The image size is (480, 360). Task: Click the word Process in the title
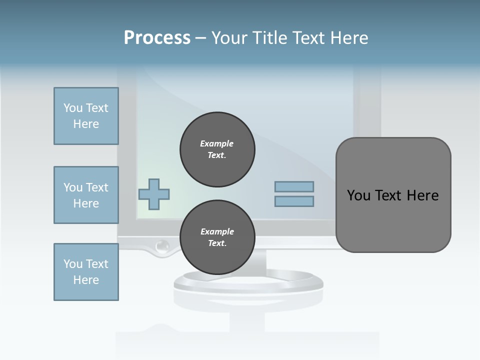tap(157, 38)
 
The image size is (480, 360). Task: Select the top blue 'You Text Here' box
tap(86, 116)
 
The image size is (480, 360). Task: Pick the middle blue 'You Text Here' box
tap(86, 195)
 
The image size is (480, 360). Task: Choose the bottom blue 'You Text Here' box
tap(86, 272)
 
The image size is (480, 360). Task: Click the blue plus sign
tap(154, 194)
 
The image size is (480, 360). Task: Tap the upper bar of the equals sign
tap(294, 186)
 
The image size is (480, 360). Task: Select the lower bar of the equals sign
tap(294, 201)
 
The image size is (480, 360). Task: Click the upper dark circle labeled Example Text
tap(217, 149)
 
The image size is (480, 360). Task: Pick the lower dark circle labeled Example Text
tap(217, 237)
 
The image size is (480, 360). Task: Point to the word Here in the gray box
tap(422, 195)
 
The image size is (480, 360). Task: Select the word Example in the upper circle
tap(217, 143)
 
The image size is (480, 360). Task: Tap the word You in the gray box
tap(359, 195)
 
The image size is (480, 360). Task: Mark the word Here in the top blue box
tap(86, 124)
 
